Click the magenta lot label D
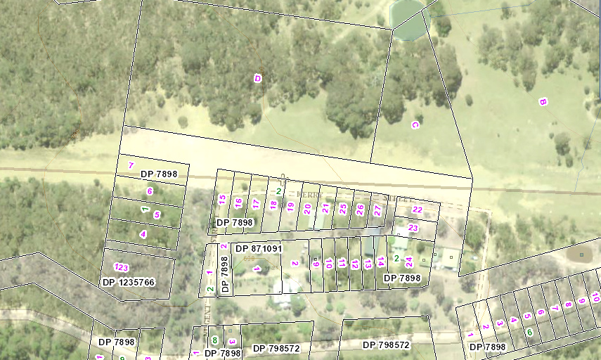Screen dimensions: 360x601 click(x=258, y=78)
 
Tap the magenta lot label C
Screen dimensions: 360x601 click(x=415, y=125)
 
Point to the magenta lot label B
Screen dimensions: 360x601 click(x=543, y=102)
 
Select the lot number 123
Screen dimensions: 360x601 click(x=121, y=267)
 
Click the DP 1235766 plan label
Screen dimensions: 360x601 click(x=128, y=282)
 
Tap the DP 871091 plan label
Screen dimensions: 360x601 click(x=258, y=249)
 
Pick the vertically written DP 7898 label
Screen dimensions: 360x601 click(x=225, y=274)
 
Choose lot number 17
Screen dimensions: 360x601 click(x=256, y=204)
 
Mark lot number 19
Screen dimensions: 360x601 click(x=290, y=207)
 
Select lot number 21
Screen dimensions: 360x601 click(x=325, y=208)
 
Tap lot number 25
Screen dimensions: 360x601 click(x=342, y=209)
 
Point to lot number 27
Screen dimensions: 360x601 click(x=377, y=210)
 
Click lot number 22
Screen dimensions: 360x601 click(x=417, y=210)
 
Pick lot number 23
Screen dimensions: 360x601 click(x=413, y=228)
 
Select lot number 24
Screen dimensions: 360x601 click(x=409, y=262)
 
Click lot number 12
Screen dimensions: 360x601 click(x=355, y=264)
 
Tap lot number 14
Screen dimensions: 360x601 click(x=380, y=262)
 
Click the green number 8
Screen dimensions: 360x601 click(x=214, y=340)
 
